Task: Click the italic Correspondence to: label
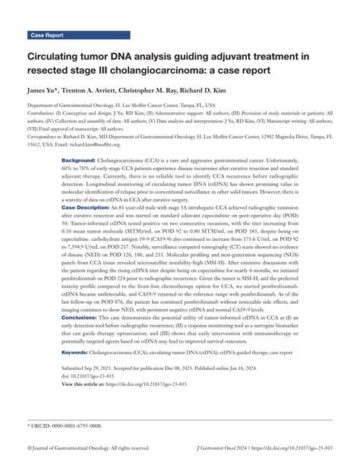click(50, 136)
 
